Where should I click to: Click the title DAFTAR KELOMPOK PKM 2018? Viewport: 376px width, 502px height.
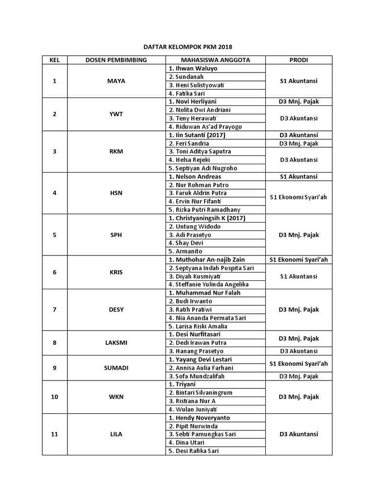pos(188,47)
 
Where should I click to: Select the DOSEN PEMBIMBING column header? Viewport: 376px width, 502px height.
pos(116,60)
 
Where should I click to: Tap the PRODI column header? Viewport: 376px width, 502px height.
pos(299,60)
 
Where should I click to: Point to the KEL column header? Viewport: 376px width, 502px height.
pos(54,60)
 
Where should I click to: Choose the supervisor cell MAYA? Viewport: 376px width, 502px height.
pos(116,81)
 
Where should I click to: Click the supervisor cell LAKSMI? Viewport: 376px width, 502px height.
pos(116,343)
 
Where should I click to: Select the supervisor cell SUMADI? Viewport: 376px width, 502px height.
pos(116,368)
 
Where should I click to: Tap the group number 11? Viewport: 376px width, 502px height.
pos(54,434)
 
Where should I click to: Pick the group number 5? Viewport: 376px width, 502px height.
pos(54,235)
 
